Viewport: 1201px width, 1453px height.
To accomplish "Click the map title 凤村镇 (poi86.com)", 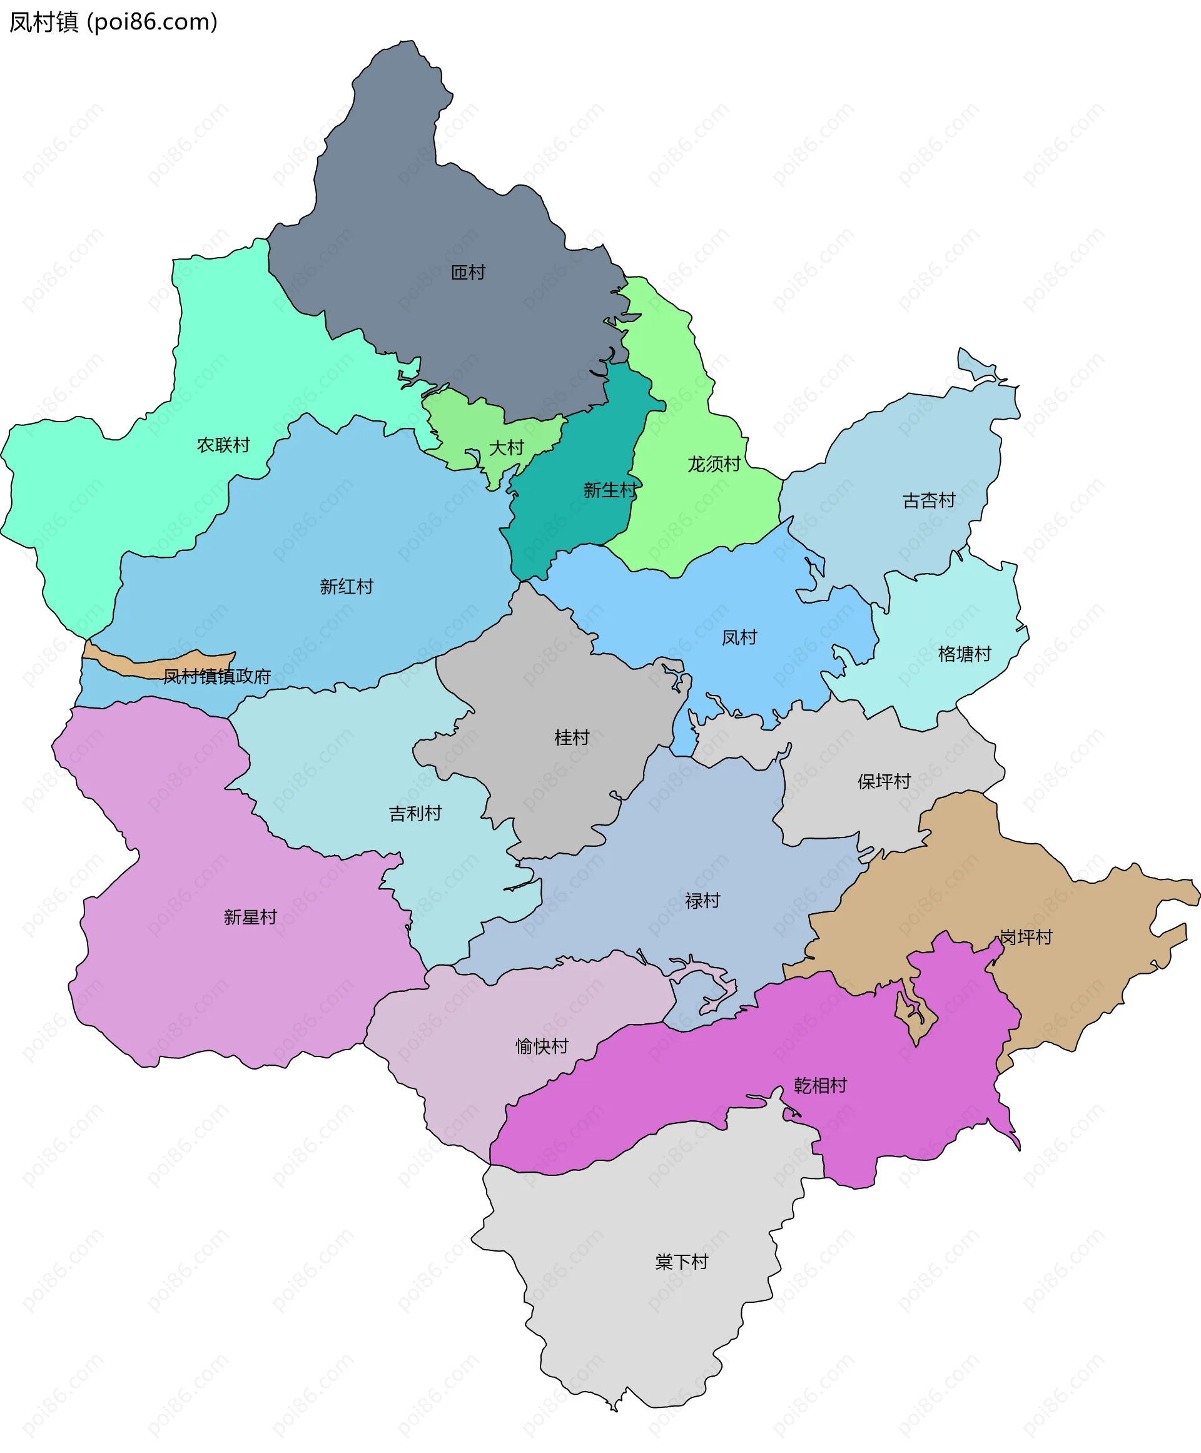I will tap(113, 22).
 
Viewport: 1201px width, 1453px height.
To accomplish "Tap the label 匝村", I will tap(469, 273).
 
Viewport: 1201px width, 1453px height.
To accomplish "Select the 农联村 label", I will tap(223, 445).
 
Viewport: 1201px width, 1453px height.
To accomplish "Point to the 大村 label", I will tap(507, 448).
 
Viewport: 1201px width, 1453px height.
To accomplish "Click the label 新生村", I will tap(609, 490).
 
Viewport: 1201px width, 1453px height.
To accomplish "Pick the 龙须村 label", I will tap(714, 463).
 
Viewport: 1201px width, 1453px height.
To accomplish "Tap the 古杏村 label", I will tap(928, 500).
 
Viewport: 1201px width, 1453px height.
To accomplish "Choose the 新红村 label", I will tap(347, 587).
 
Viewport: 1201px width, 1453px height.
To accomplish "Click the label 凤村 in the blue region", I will tap(739, 637).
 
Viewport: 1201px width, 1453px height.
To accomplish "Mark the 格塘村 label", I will tap(965, 654).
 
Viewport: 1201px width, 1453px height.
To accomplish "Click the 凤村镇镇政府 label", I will tap(216, 676).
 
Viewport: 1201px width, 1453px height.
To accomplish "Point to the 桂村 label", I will tap(572, 737).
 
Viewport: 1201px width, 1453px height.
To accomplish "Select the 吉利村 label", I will tap(415, 813).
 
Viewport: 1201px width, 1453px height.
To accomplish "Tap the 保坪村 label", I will tap(884, 781).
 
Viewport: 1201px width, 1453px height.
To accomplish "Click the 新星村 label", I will tap(250, 917).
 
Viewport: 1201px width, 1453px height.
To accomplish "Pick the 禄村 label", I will tap(702, 900).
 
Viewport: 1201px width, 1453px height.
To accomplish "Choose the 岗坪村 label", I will tap(1026, 937).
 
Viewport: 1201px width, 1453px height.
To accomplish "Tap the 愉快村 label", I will tap(542, 1045).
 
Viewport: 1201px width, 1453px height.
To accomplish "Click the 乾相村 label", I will tap(821, 1085).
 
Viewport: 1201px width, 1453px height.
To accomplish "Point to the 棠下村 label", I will tap(681, 1262).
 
